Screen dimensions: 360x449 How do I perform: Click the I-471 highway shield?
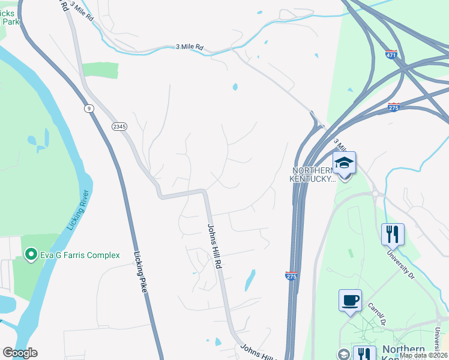coord(391,55)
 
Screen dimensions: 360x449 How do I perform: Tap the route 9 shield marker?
coord(89,108)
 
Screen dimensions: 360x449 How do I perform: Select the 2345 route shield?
coord(118,125)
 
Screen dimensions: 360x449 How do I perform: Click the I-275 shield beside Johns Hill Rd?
coord(290,275)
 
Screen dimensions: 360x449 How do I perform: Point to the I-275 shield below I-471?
coord(394,107)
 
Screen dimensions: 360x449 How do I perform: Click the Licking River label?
coord(79,210)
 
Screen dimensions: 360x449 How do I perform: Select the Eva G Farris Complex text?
coord(80,255)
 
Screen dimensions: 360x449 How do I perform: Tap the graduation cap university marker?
coord(345,163)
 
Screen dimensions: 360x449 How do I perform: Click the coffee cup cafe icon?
coord(350,299)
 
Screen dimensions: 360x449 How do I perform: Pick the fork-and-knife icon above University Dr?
coord(393,233)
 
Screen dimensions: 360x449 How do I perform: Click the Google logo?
coord(20,353)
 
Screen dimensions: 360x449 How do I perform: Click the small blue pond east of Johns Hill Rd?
coord(250,280)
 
